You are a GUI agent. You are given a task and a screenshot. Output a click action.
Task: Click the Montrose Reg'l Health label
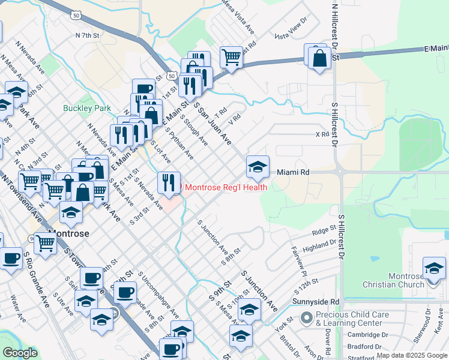tap(226, 187)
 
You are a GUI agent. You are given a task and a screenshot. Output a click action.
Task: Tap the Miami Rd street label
tap(293, 172)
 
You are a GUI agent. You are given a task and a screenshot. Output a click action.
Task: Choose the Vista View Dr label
tap(291, 36)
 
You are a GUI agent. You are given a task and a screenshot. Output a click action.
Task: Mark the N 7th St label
tap(86, 36)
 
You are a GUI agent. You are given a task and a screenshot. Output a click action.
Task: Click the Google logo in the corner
tap(20, 353)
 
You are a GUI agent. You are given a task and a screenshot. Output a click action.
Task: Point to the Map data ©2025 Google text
tap(411, 355)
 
